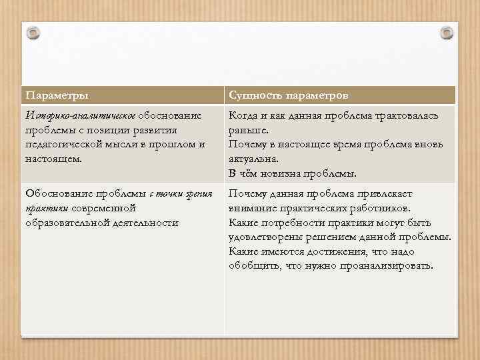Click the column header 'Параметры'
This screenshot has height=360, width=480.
click(x=56, y=95)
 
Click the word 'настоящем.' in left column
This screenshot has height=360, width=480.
click(x=53, y=159)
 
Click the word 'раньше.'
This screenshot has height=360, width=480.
click(x=248, y=131)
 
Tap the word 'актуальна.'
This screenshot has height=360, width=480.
click(x=253, y=159)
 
